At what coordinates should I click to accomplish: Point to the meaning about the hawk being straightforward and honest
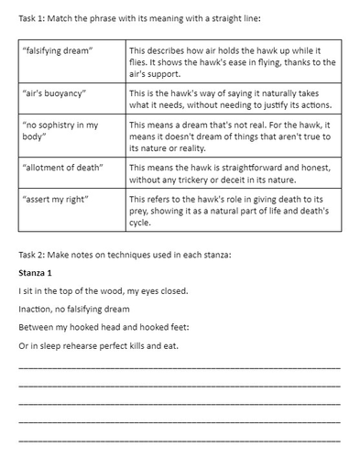[x=233, y=172]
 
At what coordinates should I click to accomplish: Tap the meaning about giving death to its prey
[x=233, y=211]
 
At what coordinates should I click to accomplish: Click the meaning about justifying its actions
[x=233, y=99]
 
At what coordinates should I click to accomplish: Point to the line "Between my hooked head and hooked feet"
[x=109, y=327]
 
